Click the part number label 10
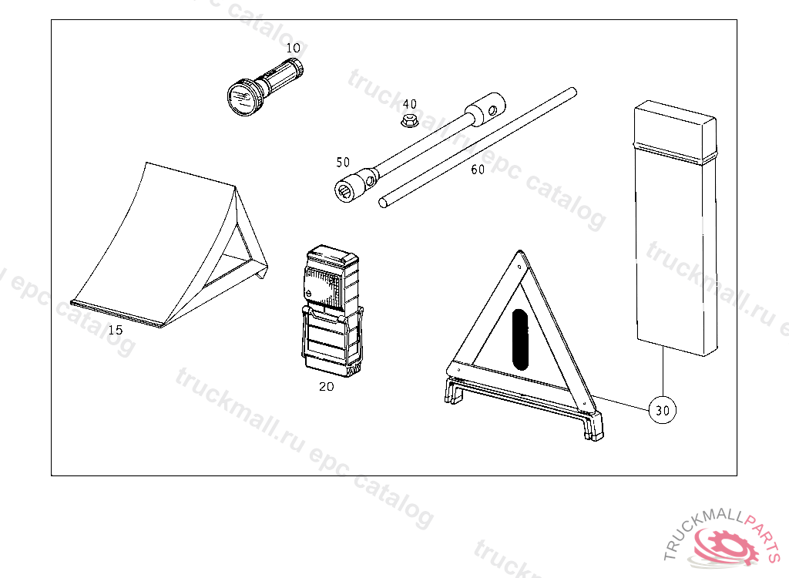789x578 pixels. pyautogui.click(x=293, y=49)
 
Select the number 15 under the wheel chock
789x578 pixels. pyautogui.click(x=116, y=331)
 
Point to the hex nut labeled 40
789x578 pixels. pyautogui.click(x=410, y=121)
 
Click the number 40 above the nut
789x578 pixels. pyautogui.click(x=410, y=104)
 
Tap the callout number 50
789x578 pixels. pyautogui.click(x=343, y=162)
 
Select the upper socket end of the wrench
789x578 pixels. pyautogui.click(x=485, y=108)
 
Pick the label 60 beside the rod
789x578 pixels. pyautogui.click(x=478, y=170)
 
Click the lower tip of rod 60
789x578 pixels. pyautogui.click(x=384, y=203)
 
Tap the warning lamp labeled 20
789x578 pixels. pyautogui.click(x=331, y=310)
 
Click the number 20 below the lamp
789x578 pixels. pyautogui.click(x=326, y=387)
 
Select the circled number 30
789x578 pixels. pyautogui.click(x=662, y=410)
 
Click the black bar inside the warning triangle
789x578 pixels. pyautogui.click(x=520, y=339)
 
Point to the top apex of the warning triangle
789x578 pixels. pyautogui.click(x=520, y=251)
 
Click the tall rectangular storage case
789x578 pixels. pyautogui.click(x=676, y=228)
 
